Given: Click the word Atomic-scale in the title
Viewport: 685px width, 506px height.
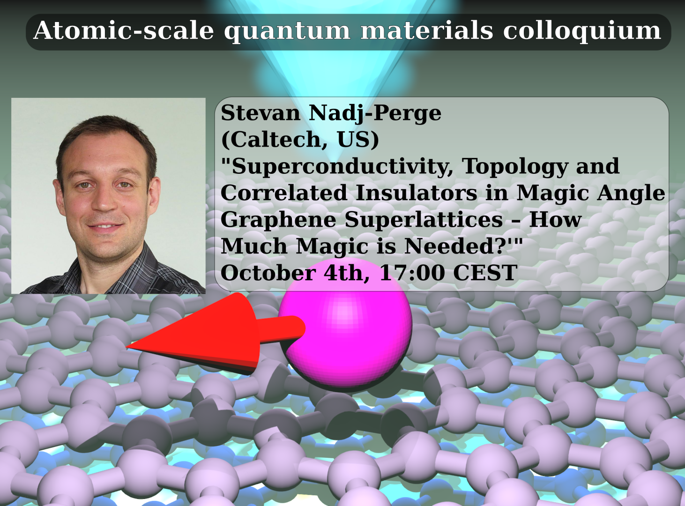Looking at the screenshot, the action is pyautogui.click(x=124, y=30).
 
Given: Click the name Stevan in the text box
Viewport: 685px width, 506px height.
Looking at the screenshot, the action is pyautogui.click(x=261, y=113).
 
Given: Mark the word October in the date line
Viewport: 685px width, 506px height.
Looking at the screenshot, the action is pyautogui.click(x=268, y=273).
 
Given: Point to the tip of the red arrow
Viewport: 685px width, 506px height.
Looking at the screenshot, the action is pyautogui.click(x=126, y=347).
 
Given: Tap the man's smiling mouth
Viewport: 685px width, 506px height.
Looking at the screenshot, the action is pyautogui.click(x=105, y=226).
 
